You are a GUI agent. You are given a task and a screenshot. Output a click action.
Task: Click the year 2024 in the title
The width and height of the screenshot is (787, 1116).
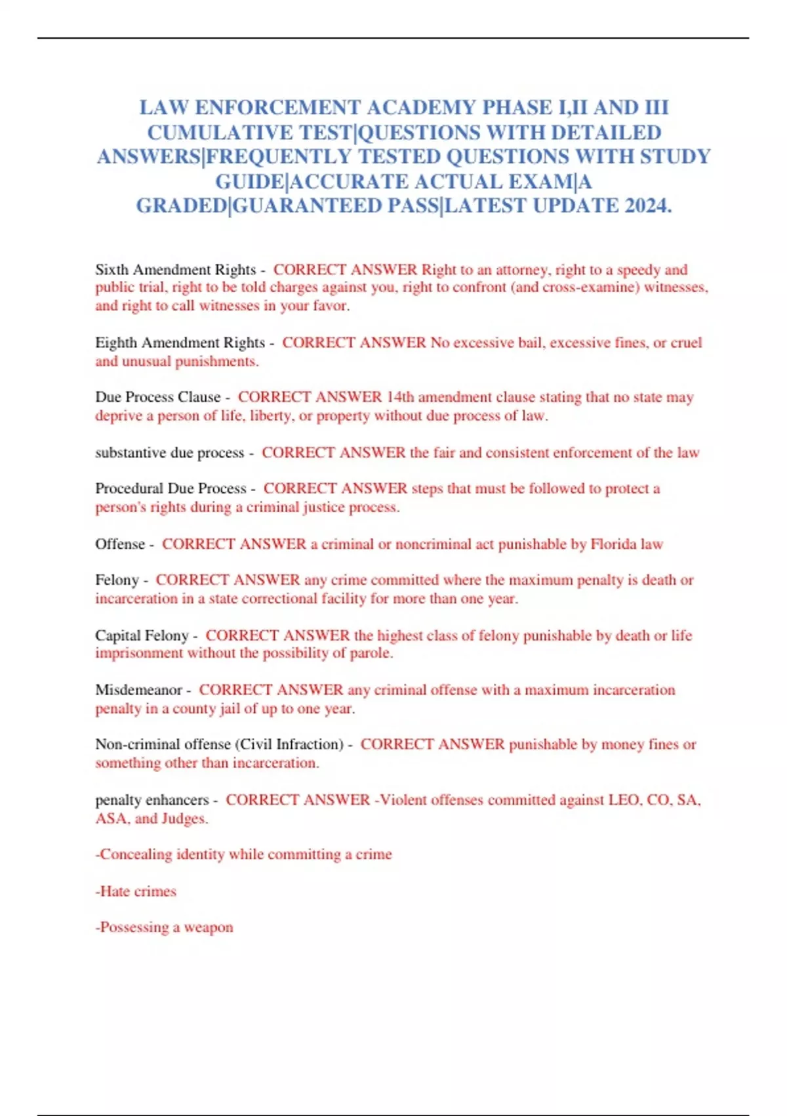pos(646,205)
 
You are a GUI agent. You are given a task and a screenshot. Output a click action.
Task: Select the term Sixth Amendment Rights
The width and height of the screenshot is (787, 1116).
pos(175,270)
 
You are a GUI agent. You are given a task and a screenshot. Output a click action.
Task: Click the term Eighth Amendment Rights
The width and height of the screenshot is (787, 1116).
pos(180,343)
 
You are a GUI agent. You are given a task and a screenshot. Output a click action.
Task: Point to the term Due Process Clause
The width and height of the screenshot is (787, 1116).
pos(157,397)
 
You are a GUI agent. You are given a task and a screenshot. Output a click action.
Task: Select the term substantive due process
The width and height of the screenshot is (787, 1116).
pos(169,453)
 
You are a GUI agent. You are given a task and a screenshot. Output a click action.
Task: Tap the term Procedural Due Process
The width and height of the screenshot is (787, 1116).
pos(171,488)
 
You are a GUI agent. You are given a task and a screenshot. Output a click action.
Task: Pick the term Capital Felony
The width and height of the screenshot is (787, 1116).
pos(142,635)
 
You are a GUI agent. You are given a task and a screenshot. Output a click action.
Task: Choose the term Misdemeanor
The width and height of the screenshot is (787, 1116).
pos(138,690)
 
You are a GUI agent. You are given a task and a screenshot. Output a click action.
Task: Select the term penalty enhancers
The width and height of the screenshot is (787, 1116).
pos(151,800)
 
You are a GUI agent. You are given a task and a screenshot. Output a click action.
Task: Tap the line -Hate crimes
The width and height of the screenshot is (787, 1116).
pos(136,891)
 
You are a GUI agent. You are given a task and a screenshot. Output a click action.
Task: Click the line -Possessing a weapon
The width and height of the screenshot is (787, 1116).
pos(164,928)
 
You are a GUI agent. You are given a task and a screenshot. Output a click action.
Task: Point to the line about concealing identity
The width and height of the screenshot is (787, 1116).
pos(243,855)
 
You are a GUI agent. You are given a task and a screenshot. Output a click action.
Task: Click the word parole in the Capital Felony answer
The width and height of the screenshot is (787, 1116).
pos(371,653)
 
